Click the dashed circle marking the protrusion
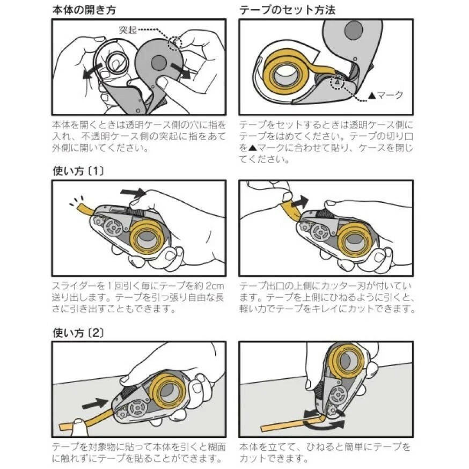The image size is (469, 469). coord(175,41)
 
